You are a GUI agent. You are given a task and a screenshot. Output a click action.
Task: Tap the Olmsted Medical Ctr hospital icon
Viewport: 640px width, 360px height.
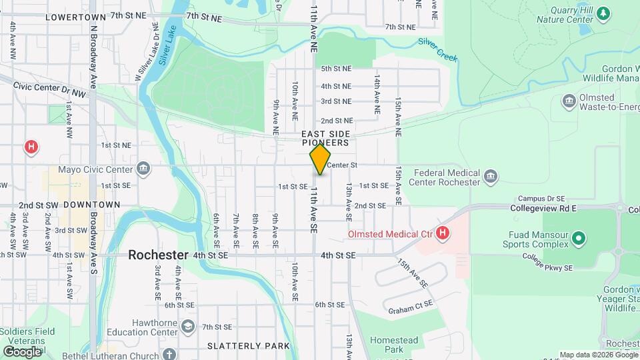point(442,233)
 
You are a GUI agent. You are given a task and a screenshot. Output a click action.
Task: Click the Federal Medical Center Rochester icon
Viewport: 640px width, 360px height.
point(491,177)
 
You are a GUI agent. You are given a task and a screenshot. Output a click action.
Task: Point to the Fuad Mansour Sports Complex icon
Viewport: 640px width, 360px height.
point(579,238)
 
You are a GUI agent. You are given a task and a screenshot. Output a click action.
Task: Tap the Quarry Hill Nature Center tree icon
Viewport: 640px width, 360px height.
point(603,13)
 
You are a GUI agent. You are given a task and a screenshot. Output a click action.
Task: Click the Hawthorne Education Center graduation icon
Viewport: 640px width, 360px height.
point(189,326)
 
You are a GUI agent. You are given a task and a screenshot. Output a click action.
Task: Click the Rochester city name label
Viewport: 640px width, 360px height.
point(158,255)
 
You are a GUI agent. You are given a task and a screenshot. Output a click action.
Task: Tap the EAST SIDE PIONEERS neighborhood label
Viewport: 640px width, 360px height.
point(325,138)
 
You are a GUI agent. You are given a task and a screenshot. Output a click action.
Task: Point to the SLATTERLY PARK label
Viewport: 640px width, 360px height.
point(249,345)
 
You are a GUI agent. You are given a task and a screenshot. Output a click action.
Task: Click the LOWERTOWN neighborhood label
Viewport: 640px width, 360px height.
point(75,16)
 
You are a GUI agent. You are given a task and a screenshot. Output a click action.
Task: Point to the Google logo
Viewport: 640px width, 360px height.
point(22,351)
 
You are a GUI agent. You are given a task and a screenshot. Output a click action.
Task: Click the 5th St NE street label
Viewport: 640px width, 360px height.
point(336,69)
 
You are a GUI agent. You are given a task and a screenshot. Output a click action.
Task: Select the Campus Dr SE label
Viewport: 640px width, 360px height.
point(542,199)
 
